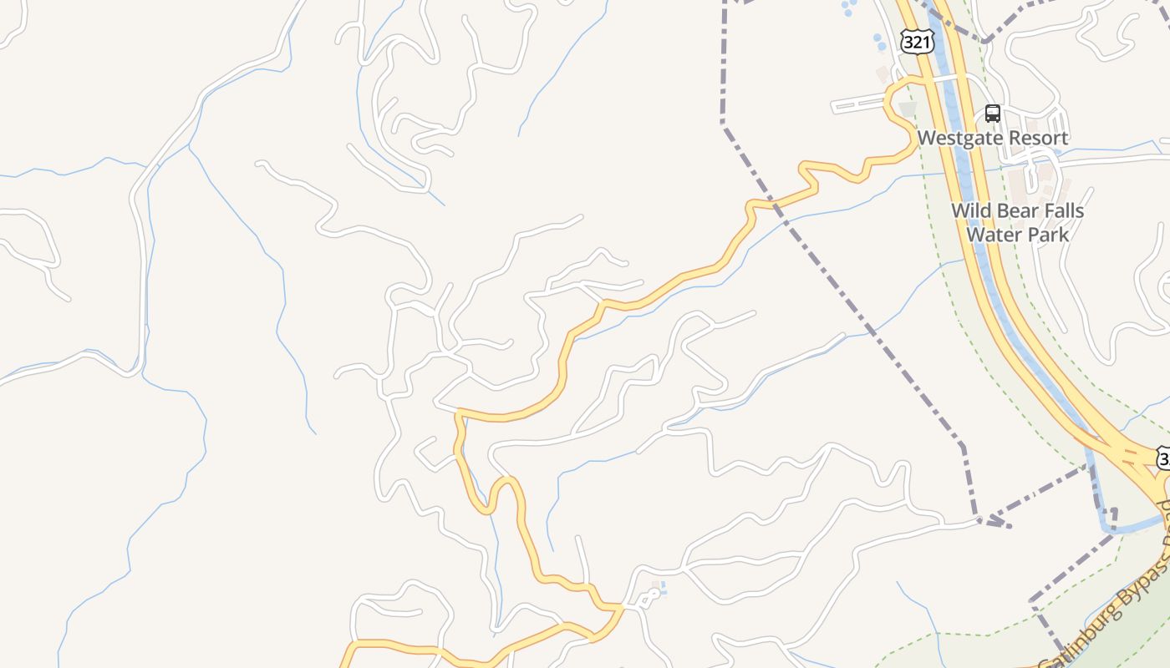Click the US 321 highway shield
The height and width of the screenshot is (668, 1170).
(918, 42)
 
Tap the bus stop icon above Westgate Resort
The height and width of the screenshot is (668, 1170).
(992, 114)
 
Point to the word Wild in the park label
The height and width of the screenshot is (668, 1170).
(972, 210)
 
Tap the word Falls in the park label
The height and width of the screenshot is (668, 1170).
(1062, 210)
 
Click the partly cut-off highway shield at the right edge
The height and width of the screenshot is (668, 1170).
(1163, 458)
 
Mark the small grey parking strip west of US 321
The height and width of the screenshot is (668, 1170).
(857, 105)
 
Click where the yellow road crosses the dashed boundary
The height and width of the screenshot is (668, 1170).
(774, 203)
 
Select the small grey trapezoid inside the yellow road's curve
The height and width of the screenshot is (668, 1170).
(908, 108)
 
